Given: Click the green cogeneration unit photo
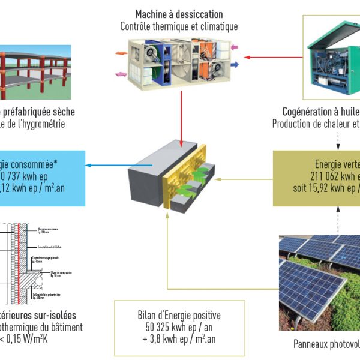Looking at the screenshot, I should (331, 57).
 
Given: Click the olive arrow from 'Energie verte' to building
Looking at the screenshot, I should (244, 178).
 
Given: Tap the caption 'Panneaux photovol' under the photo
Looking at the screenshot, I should (326, 344).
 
